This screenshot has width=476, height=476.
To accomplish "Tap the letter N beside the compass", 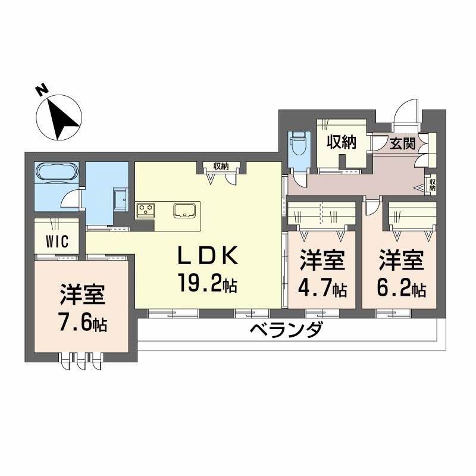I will tap(41, 90).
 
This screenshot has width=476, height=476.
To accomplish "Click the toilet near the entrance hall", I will tap(296, 143).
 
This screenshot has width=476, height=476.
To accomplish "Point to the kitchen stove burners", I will tap(146, 209).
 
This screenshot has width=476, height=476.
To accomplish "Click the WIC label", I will tap(58, 242).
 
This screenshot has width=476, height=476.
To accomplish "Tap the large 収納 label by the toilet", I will tap(340, 142).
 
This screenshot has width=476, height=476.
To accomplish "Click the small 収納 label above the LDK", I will tap(221, 167).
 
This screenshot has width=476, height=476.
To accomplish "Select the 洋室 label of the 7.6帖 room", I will tap(83, 295).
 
